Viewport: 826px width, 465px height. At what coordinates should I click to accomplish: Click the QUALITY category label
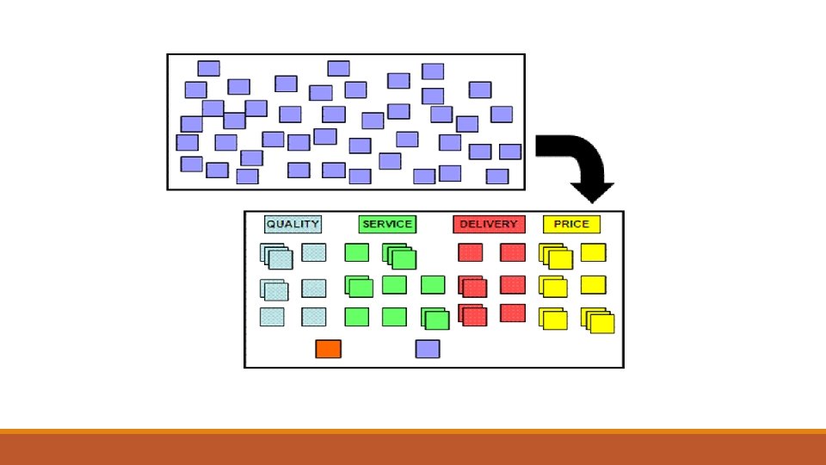pyautogui.click(x=293, y=224)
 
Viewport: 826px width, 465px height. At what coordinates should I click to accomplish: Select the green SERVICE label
pyautogui.click(x=386, y=224)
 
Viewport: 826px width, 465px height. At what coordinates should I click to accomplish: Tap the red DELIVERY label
pyautogui.click(x=489, y=224)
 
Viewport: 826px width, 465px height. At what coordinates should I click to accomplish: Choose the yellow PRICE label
pyautogui.click(x=571, y=224)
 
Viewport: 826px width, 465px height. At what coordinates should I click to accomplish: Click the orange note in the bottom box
pyautogui.click(x=328, y=349)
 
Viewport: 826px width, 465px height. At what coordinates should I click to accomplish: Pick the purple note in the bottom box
pyautogui.click(x=428, y=349)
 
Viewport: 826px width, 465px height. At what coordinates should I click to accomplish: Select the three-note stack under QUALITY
pyautogui.click(x=276, y=256)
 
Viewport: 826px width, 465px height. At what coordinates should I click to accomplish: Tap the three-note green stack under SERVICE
pyautogui.click(x=399, y=256)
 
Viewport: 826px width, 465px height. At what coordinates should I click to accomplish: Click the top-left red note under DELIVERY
pyautogui.click(x=470, y=252)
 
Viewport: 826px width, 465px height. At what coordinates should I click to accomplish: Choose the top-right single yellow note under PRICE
pyautogui.click(x=593, y=252)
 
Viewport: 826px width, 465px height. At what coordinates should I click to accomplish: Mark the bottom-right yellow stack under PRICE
pyautogui.click(x=598, y=320)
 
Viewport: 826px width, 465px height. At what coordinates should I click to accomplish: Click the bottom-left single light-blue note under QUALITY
pyautogui.click(x=272, y=317)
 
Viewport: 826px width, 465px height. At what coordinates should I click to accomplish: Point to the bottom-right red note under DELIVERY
pyautogui.click(x=513, y=313)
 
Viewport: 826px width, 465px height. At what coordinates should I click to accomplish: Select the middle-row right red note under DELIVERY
pyautogui.click(x=513, y=284)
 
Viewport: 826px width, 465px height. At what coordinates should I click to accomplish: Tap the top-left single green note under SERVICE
pyautogui.click(x=356, y=252)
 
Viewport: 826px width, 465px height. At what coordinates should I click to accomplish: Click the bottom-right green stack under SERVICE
pyautogui.click(x=435, y=319)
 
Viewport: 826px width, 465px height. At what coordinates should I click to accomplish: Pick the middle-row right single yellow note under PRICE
pyautogui.click(x=593, y=284)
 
